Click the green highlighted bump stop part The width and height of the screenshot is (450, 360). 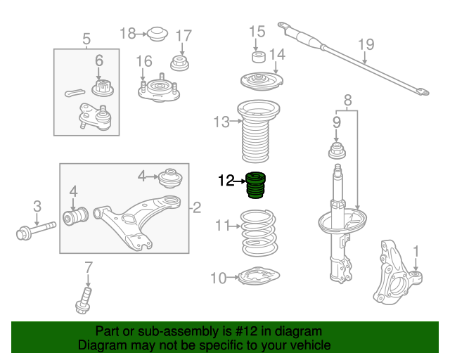coord(256,185)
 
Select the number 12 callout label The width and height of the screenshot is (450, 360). coord(226,181)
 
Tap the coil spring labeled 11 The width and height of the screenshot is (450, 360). coord(259,233)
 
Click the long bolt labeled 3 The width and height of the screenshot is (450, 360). coord(36,231)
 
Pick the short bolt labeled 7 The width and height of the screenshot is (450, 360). coord(84,300)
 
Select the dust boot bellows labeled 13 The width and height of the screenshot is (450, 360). coord(258,131)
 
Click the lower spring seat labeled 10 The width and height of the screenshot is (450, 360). coord(259,276)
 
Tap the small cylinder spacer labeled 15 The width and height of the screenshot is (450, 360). coord(259,57)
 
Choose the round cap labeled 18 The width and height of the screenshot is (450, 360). coord(157,34)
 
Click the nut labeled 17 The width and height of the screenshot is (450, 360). coord(180,63)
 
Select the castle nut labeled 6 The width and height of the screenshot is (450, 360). coord(103,88)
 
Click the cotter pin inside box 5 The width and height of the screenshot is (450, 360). coord(75,92)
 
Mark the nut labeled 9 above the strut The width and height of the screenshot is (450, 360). coord(337,150)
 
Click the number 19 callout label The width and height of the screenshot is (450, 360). coord(366,44)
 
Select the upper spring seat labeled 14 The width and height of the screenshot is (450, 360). coord(262,82)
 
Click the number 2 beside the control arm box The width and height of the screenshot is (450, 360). coord(197,207)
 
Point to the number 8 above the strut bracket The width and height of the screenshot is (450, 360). coord(347,101)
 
